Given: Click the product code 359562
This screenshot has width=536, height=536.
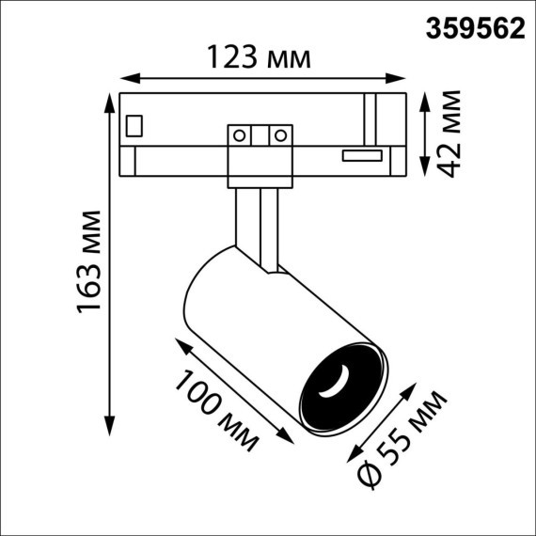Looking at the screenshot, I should tap(477, 29).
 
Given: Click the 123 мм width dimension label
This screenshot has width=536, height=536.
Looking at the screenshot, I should tap(258, 58).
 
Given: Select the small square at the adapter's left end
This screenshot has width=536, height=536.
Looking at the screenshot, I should tap(134, 123).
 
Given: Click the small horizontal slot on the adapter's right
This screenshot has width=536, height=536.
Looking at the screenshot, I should tap(362, 155).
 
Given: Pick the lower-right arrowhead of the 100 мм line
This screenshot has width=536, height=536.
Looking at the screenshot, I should tap(289, 439).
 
